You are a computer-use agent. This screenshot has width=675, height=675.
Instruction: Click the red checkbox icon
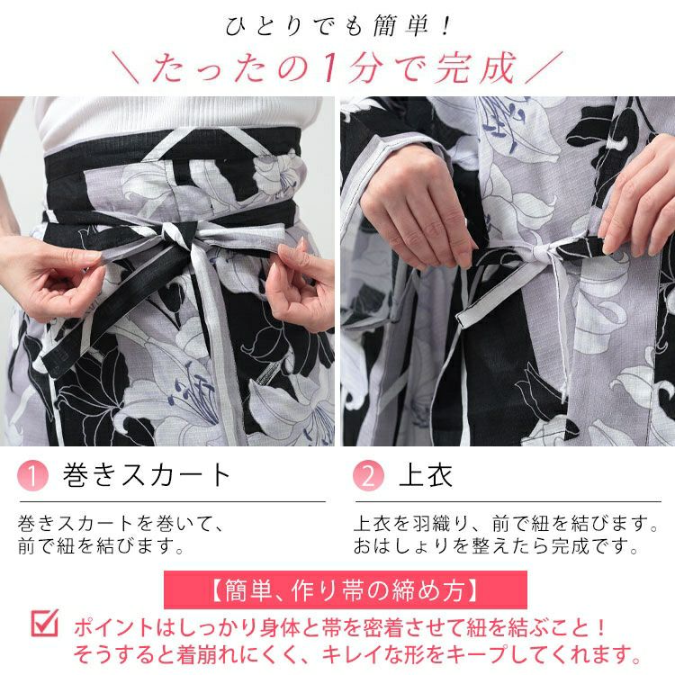tap(44, 623)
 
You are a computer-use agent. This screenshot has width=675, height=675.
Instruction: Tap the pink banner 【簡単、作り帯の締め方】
tap(345, 590)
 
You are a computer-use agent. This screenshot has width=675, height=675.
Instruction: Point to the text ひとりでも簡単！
tap(337, 25)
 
